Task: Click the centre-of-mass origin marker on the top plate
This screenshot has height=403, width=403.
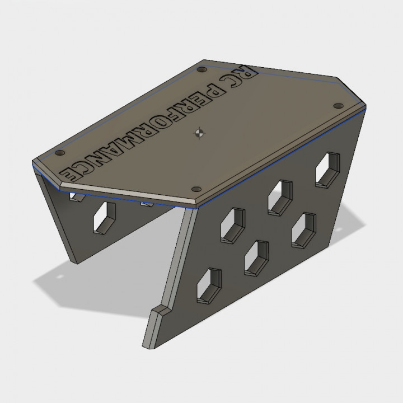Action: pyautogui.click(x=199, y=133)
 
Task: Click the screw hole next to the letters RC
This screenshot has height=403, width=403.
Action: pyautogui.click(x=201, y=71)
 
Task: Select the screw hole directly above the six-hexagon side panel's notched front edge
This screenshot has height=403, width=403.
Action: pyautogui.click(x=196, y=189)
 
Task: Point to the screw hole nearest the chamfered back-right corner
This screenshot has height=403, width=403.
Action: pyautogui.click(x=338, y=105)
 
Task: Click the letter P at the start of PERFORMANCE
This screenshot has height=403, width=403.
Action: pyautogui.click(x=211, y=88)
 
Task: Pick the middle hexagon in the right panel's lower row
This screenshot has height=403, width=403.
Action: pyautogui.click(x=256, y=257)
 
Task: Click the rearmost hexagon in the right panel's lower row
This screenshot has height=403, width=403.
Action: pyautogui.click(x=303, y=229)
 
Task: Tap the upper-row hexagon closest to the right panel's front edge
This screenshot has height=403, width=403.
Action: pyautogui.click(x=233, y=225)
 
